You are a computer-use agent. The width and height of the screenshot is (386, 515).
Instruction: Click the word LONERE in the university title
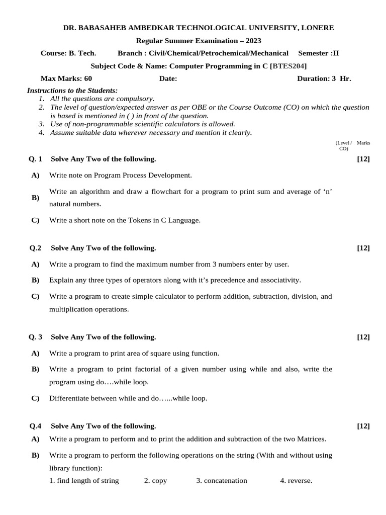click(314, 28)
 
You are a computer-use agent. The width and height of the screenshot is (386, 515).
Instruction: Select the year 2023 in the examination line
click(251, 41)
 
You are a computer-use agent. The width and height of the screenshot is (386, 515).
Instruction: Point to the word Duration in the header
click(314, 78)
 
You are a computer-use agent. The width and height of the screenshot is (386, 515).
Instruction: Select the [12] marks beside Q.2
click(363, 248)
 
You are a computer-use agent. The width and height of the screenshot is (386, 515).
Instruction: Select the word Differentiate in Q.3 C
click(68, 398)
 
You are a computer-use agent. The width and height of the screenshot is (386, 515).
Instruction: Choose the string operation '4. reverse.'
click(296, 480)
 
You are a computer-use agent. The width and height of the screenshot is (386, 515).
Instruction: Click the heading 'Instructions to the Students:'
click(72, 91)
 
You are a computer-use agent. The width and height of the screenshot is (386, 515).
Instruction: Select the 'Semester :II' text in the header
click(319, 53)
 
